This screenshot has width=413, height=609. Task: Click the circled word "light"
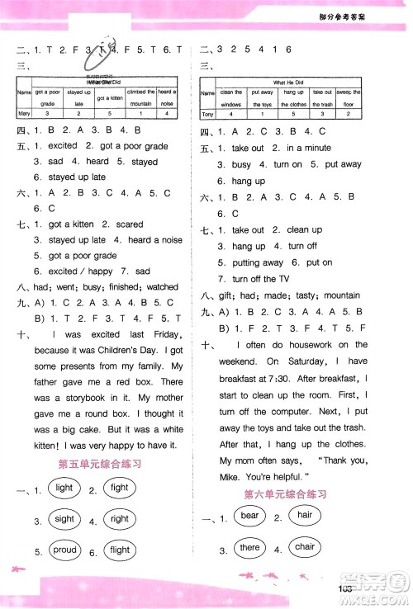tap(64, 488)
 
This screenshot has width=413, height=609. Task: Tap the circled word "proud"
tap(64, 550)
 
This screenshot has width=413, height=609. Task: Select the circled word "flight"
tap(120, 550)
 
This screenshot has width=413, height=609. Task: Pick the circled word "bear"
tap(249, 517)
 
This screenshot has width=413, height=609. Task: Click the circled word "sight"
tap(64, 519)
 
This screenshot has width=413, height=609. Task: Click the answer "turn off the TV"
tap(260, 279)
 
